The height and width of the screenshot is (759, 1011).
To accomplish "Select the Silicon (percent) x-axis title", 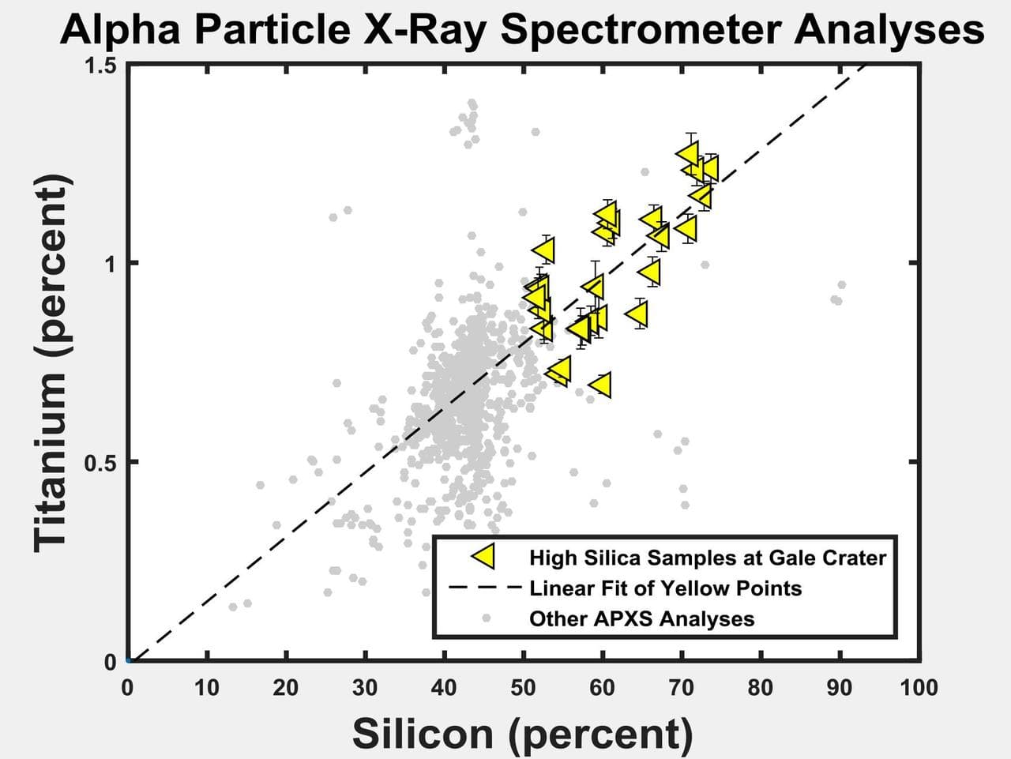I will coord(522,732).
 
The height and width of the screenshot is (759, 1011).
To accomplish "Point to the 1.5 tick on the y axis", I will coord(101,65).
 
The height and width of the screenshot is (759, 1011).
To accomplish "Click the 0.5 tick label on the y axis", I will coord(101,462).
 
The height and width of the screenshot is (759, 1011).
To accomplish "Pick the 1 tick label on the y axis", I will coord(111,264).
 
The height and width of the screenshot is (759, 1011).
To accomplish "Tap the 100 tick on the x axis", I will coord(919,688).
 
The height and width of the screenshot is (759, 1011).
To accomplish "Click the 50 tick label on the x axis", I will coord(523,688).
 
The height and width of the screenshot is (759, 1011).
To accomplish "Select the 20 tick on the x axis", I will coord(285,688).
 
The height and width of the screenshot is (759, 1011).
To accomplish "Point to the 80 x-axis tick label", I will coord(761,688).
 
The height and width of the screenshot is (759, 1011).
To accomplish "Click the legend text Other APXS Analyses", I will coord(641,618).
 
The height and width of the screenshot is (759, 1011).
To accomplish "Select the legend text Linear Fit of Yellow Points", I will coord(665,588).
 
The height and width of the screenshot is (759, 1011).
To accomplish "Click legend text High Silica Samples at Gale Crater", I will coord(707,558).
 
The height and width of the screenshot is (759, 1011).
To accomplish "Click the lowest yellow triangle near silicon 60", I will coord(601,385).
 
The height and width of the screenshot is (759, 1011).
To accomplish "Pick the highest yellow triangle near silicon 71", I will coord(689,153).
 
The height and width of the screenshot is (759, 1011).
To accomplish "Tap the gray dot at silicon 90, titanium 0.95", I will coord(841,284).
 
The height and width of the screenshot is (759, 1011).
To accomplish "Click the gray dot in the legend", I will coord(487,618).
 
